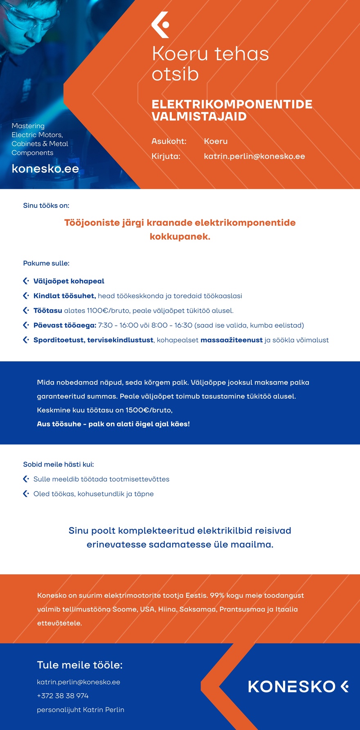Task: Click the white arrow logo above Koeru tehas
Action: tap(160, 25)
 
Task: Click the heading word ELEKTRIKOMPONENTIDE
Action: tap(232, 104)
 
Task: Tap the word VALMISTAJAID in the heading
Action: tap(199, 117)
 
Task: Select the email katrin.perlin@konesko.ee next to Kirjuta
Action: tap(254, 156)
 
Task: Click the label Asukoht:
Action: tap(169, 141)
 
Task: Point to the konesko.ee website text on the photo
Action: tap(45, 169)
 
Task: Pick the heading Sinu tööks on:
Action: tap(46, 205)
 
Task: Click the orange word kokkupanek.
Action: tap(180, 237)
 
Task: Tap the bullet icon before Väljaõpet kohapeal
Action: tap(26, 281)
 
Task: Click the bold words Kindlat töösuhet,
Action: tap(64, 296)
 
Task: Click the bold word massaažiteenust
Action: tap(231, 340)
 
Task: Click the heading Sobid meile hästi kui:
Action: tap(59, 464)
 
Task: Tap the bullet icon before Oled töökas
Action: tap(26, 494)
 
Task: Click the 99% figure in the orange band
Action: tap(217, 595)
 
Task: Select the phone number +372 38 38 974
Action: tap(63, 696)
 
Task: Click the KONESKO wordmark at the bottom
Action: tap(292, 687)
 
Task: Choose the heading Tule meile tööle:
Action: tap(80, 665)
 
